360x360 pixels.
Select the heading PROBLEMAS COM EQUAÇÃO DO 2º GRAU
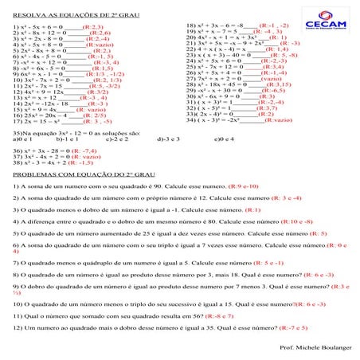coord(78,172)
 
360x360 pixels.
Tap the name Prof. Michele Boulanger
coord(315,348)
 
